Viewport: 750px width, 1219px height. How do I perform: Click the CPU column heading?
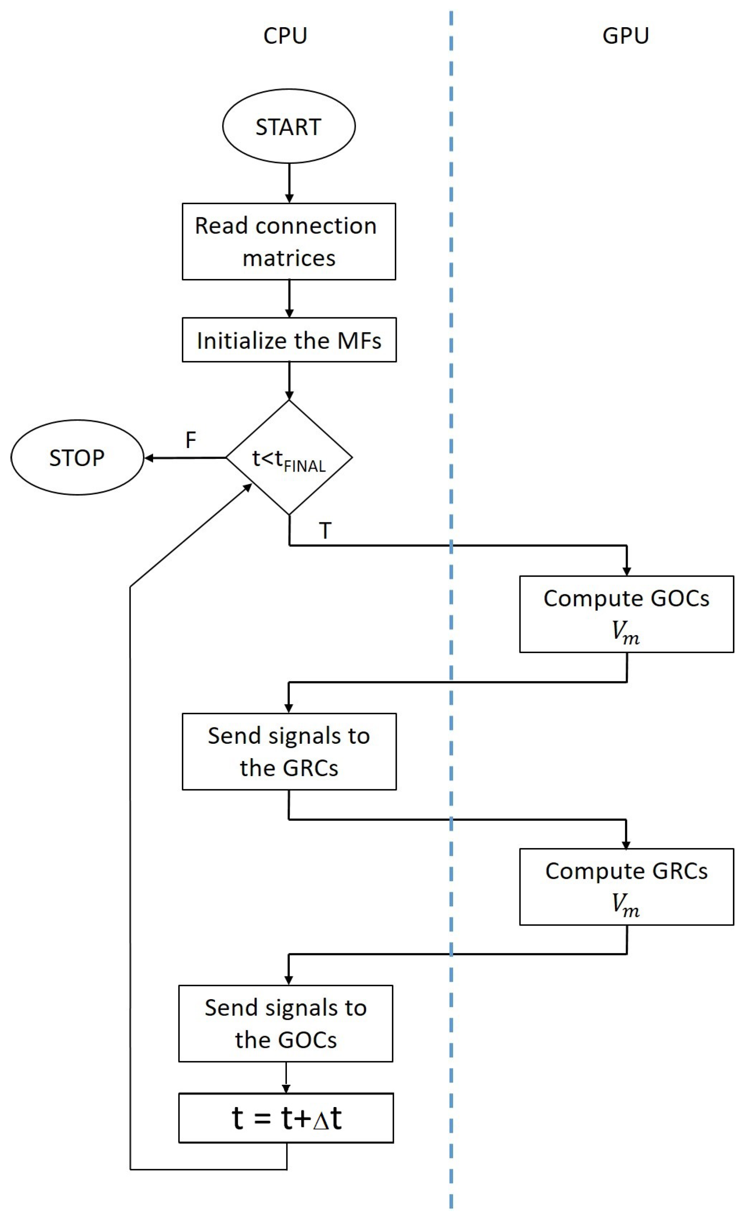(x=285, y=36)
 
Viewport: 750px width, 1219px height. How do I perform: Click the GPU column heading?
(x=625, y=36)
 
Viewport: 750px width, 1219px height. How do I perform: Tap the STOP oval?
(x=77, y=458)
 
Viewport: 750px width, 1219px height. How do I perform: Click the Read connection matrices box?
(x=288, y=242)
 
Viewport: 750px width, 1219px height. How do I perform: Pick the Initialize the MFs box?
(x=288, y=341)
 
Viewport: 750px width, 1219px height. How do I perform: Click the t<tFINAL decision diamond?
(x=288, y=458)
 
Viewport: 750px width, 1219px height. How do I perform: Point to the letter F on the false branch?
(x=191, y=440)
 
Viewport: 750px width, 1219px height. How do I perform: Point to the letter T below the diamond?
(x=325, y=531)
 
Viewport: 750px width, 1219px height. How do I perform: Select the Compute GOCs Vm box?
(x=626, y=614)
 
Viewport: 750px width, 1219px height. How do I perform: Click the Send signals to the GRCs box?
(x=288, y=752)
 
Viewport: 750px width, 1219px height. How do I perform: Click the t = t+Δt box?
(x=286, y=1118)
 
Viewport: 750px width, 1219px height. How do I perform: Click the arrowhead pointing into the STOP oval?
(x=148, y=458)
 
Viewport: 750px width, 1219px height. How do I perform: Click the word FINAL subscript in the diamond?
(x=304, y=466)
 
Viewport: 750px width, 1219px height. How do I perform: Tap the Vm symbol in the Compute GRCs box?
(x=625, y=904)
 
